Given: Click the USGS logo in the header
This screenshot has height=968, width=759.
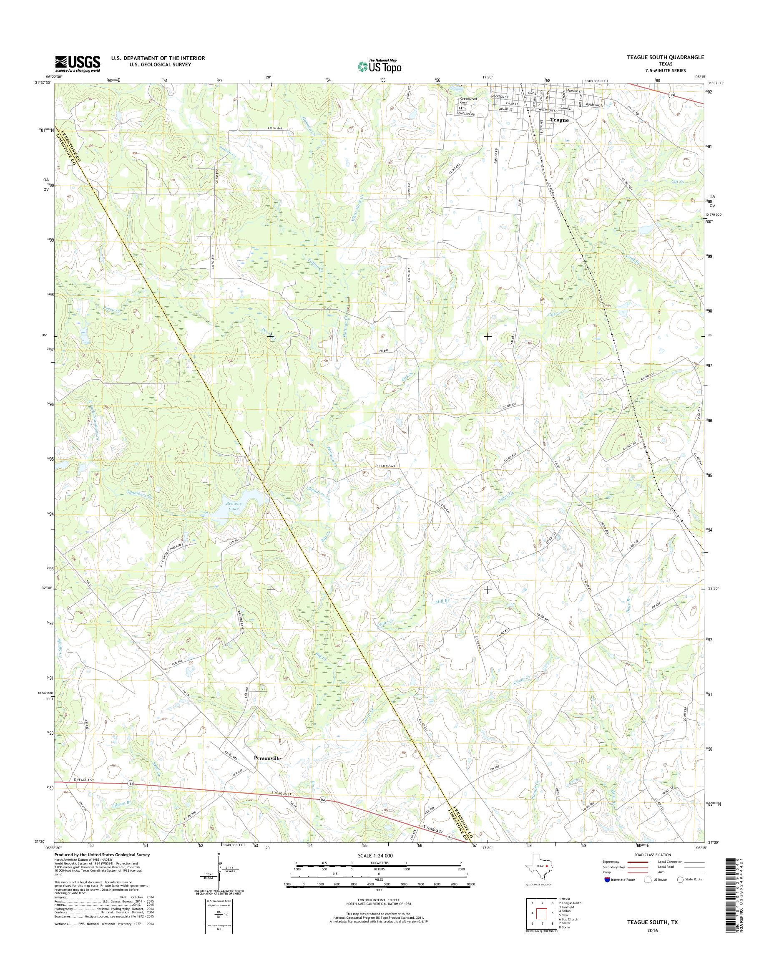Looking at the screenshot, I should pos(77,64).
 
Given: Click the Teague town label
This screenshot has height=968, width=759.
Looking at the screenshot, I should pos(559,120).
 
